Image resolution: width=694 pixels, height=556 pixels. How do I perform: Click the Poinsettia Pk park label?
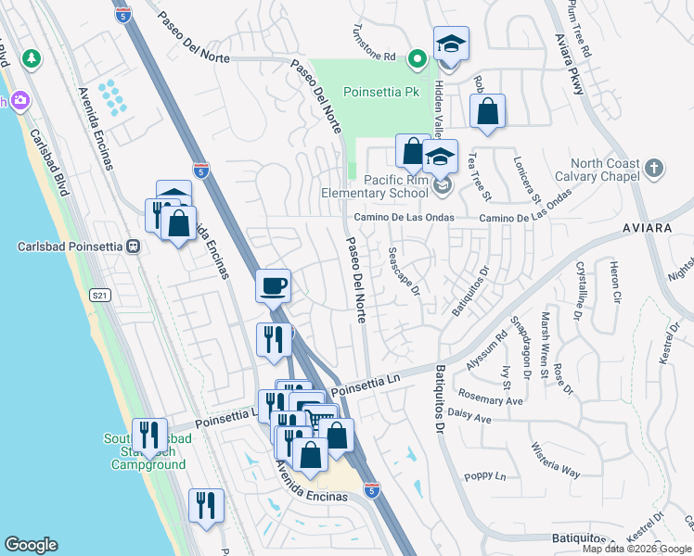click(381, 92)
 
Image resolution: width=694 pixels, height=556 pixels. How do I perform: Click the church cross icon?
click(655, 169)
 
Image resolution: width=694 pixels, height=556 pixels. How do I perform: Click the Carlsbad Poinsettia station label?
click(71, 246)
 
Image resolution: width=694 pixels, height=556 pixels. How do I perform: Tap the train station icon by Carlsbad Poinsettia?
click(134, 246)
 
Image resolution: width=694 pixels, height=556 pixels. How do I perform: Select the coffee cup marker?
click(273, 286)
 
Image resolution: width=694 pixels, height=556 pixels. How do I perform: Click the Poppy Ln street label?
click(488, 476)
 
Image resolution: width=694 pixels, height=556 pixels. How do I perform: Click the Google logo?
click(31, 545)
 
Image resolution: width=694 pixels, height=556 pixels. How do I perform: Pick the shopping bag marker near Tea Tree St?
click(487, 112)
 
